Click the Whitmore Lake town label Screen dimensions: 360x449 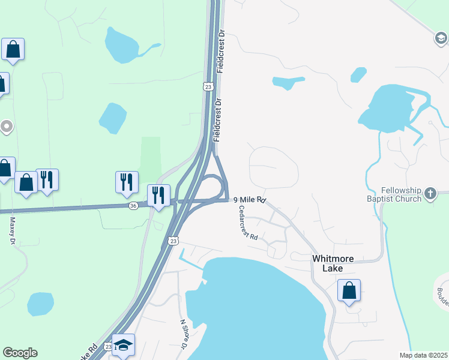pyautogui.click(x=332, y=263)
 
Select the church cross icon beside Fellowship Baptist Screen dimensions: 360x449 pyautogui.click(x=430, y=193)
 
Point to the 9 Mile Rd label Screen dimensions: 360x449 pyautogui.click(x=249, y=200)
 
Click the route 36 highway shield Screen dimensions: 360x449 pyautogui.click(x=133, y=205)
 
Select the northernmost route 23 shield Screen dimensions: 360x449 pyautogui.click(x=208, y=87)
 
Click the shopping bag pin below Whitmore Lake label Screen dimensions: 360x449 pyautogui.click(x=349, y=291)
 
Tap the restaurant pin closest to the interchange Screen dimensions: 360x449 pyautogui.click(x=158, y=196)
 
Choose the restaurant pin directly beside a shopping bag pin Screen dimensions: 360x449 pyautogui.click(x=47, y=179)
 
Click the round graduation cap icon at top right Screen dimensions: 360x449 pyautogui.click(x=441, y=38)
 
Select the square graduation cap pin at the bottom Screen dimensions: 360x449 pyautogui.click(x=124, y=345)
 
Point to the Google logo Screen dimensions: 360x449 pyautogui.click(x=20, y=353)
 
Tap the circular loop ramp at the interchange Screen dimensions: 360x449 pyautogui.click(x=213, y=187)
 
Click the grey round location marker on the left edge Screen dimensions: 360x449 pyautogui.click(x=7, y=127)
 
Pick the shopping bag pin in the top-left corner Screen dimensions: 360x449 pyautogui.click(x=13, y=49)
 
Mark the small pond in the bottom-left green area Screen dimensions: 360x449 pyautogui.click(x=40, y=304)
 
